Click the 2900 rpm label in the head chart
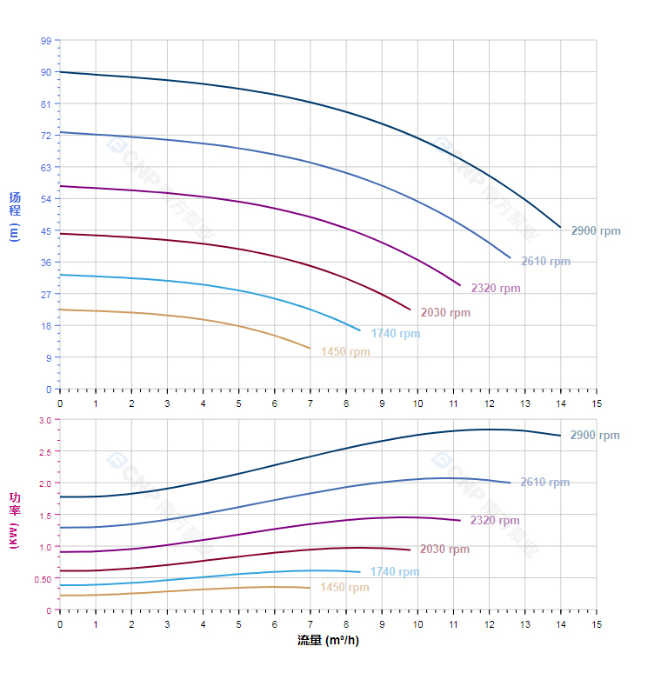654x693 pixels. click(x=596, y=230)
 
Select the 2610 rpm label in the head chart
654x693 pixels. click(x=545, y=261)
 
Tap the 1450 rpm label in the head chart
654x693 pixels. click(x=345, y=352)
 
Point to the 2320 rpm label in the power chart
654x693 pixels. click(x=495, y=521)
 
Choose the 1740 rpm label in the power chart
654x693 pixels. click(x=394, y=571)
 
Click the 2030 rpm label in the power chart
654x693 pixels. click(x=444, y=549)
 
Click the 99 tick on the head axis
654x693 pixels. click(x=46, y=41)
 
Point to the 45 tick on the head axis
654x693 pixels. click(x=46, y=230)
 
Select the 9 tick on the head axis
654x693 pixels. click(x=48, y=357)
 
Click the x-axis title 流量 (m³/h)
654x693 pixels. click(x=328, y=641)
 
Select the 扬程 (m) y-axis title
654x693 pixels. click(x=14, y=216)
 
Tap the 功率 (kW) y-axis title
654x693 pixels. click(x=14, y=520)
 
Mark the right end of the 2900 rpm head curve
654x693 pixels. click(x=560, y=227)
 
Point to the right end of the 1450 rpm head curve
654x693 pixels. click(x=310, y=349)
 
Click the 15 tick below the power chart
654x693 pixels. click(x=596, y=623)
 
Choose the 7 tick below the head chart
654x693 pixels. click(x=310, y=403)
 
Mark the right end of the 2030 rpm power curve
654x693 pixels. click(x=410, y=550)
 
